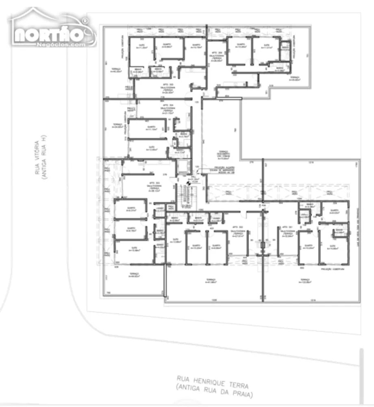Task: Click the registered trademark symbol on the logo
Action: pyautogui.click(x=85, y=20)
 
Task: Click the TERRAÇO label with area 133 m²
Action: pyautogui.click(x=305, y=281)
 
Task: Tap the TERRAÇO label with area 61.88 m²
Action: pyautogui.click(x=210, y=281)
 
